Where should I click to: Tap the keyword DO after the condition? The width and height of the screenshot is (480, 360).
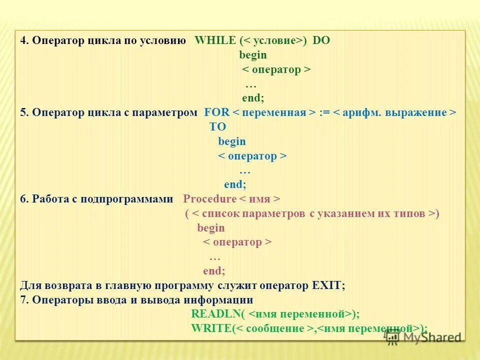[x=321, y=40]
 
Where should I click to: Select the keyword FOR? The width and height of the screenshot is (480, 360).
[x=216, y=112]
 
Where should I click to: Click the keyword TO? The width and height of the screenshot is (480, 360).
[x=217, y=127]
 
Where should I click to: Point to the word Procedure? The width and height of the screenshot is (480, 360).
[x=209, y=199]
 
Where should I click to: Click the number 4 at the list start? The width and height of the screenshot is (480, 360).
[x=23, y=40]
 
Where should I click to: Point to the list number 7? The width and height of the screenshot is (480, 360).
[x=23, y=300]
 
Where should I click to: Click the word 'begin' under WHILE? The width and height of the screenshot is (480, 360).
[x=253, y=55]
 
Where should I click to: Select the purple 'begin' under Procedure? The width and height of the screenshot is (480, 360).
[x=211, y=228]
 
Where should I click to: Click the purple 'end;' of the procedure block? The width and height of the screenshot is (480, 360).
[x=214, y=271]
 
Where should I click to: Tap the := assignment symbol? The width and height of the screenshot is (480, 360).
[x=324, y=112]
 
